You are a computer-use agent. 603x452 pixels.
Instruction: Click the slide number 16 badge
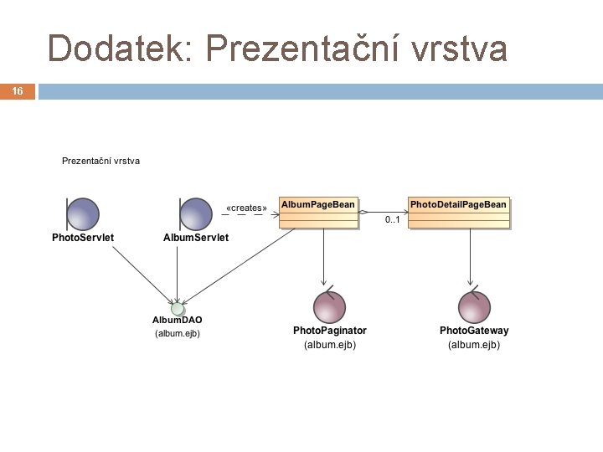(x=18, y=91)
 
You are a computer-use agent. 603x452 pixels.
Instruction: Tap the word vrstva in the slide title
(x=460, y=49)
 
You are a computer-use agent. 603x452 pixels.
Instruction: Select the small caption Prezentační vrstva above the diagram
(x=100, y=160)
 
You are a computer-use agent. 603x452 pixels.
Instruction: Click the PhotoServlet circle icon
(x=83, y=213)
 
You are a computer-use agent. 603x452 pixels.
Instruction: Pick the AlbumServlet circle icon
(x=195, y=213)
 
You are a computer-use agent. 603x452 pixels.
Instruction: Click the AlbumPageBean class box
(x=318, y=213)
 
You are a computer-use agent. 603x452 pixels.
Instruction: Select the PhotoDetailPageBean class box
(x=458, y=213)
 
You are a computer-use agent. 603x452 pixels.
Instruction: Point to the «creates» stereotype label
(x=247, y=208)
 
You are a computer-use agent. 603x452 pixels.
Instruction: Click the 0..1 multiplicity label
(x=392, y=220)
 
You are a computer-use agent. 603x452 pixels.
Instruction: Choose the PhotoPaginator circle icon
(x=328, y=307)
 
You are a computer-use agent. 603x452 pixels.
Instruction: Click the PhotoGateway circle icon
(x=474, y=307)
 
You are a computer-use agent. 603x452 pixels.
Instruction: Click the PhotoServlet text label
(x=83, y=238)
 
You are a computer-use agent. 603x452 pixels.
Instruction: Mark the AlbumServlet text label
(x=195, y=238)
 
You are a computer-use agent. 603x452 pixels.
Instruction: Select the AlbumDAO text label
(x=177, y=321)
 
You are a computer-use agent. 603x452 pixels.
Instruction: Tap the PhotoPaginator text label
(x=329, y=331)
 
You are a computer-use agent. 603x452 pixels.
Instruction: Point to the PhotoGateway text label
(x=474, y=331)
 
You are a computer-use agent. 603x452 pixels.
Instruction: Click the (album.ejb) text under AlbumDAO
(x=178, y=333)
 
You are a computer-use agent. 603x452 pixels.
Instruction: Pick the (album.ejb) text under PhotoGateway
(x=474, y=344)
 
